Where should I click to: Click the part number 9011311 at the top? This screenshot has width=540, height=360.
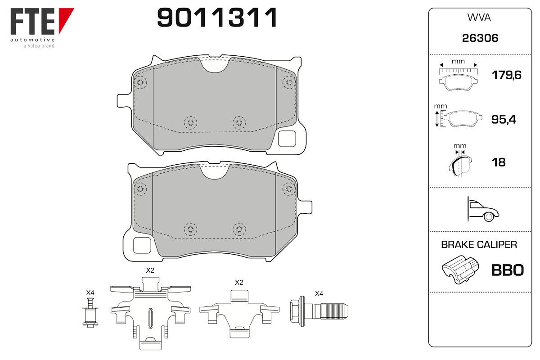217,18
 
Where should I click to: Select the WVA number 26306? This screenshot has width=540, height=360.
480,38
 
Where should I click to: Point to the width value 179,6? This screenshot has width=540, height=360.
507,75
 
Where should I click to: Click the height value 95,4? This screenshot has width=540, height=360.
504,119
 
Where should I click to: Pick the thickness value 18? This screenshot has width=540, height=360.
499,162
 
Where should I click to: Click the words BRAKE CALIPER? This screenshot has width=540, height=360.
479,245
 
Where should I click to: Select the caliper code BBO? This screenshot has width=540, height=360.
508,270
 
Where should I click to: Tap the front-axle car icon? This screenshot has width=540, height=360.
483,209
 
